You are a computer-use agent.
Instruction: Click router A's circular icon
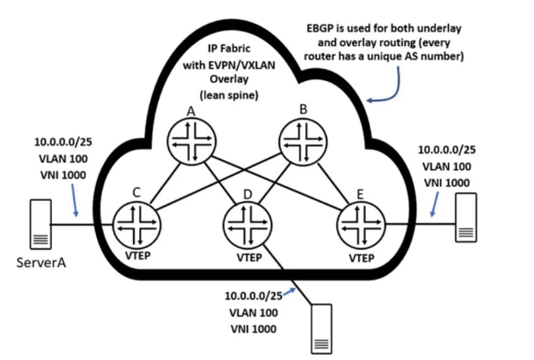click(191, 141)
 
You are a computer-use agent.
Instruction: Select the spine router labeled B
click(303, 142)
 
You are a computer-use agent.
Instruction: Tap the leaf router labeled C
click(136, 224)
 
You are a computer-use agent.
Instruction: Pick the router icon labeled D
click(247, 225)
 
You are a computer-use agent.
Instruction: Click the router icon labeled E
click(361, 225)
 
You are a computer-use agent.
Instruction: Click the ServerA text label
click(41, 263)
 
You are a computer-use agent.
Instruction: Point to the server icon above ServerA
click(41, 224)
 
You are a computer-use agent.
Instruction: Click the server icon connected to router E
click(466, 217)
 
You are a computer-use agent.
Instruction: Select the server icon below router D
click(321, 328)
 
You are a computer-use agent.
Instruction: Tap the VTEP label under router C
click(138, 255)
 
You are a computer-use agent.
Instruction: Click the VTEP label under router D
click(249, 258)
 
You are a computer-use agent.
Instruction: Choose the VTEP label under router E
click(361, 258)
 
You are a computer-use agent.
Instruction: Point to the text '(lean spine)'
click(229, 95)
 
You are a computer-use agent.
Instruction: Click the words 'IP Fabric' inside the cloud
click(229, 49)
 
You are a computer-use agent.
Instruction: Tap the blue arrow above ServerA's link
click(74, 200)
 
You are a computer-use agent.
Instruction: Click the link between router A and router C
click(165, 183)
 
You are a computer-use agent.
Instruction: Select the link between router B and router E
click(333, 183)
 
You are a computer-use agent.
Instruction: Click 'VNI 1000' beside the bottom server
click(253, 329)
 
